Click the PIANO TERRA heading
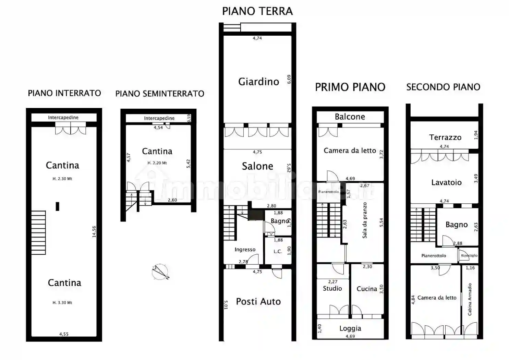pyautogui.click(x=257, y=11)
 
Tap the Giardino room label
pyautogui.click(x=259, y=82)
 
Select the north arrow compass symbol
pyautogui.click(x=160, y=272)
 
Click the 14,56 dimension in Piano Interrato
pyautogui.click(x=94, y=231)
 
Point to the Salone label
pyautogui.click(x=257, y=166)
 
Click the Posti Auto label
pyautogui.click(x=258, y=302)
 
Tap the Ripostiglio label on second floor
pyautogui.click(x=469, y=255)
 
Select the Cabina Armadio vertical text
pyautogui.click(x=470, y=299)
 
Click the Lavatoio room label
pyautogui.click(x=446, y=182)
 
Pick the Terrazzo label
pyautogui.click(x=445, y=137)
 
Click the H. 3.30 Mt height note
pyautogui.click(x=62, y=303)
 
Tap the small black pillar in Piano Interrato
pyautogui.click(x=57, y=206)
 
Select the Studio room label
pyautogui.click(x=332, y=288)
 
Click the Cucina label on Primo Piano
pyautogui.click(x=367, y=289)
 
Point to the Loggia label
pyautogui.click(x=350, y=328)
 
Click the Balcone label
pyautogui.click(x=350, y=117)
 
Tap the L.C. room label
pyautogui.click(x=278, y=251)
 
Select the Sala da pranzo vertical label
pyautogui.click(x=365, y=220)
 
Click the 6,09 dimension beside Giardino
pyautogui.click(x=289, y=79)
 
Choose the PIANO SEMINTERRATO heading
pyautogui.click(x=160, y=94)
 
